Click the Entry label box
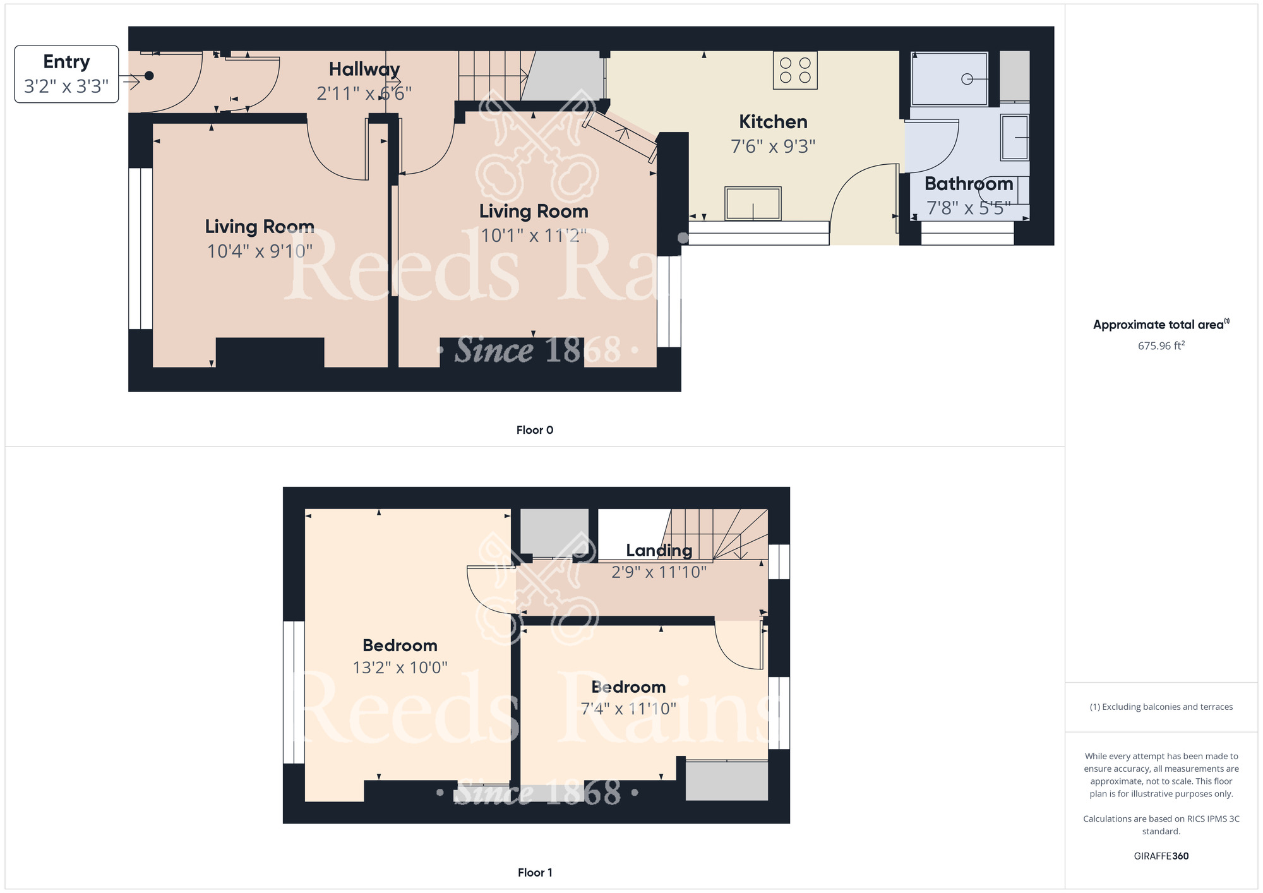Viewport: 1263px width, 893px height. pos(66,74)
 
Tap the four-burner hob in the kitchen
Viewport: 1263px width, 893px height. pos(795,71)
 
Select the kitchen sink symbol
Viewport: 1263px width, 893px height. pos(753,203)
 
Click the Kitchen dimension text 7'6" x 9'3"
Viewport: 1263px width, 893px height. pos(773,147)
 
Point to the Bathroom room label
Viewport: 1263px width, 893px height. pos(968,184)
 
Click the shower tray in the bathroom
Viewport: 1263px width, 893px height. pos(949,79)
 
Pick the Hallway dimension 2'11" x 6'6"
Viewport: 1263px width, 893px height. pos(364,93)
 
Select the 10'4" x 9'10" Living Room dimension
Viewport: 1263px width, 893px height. pos(260,251)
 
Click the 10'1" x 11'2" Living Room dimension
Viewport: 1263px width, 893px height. pos(533,236)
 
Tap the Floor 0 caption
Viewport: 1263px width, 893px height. pos(534,430)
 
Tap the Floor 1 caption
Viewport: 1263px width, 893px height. pos(534,872)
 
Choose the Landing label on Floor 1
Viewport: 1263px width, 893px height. pos(659,550)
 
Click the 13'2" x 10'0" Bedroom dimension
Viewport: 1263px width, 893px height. pos(400,668)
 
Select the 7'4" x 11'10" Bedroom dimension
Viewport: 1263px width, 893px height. pos(628,709)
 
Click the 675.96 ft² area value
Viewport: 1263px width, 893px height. pos(1161,345)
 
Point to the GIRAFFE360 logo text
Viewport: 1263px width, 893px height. pos(1161,856)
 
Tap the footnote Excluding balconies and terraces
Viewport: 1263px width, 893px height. pos(1161,707)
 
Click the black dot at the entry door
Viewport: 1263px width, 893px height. pos(149,76)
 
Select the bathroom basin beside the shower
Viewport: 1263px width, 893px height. pos(1015,137)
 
